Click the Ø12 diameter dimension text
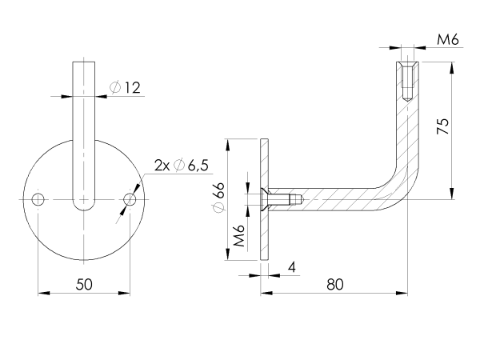pyautogui.click(x=126, y=87)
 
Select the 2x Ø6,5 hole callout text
pyautogui.click(x=181, y=166)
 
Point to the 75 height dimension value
pyautogui.click(x=444, y=126)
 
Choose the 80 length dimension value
pyautogui.click(x=336, y=284)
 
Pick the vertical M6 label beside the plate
pyautogui.click(x=238, y=238)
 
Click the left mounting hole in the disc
pyautogui.click(x=38, y=198)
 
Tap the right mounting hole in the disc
pyautogui.click(x=130, y=198)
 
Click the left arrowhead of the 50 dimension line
pyautogui.click(x=42, y=294)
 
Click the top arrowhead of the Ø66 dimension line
pyautogui.click(x=228, y=143)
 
